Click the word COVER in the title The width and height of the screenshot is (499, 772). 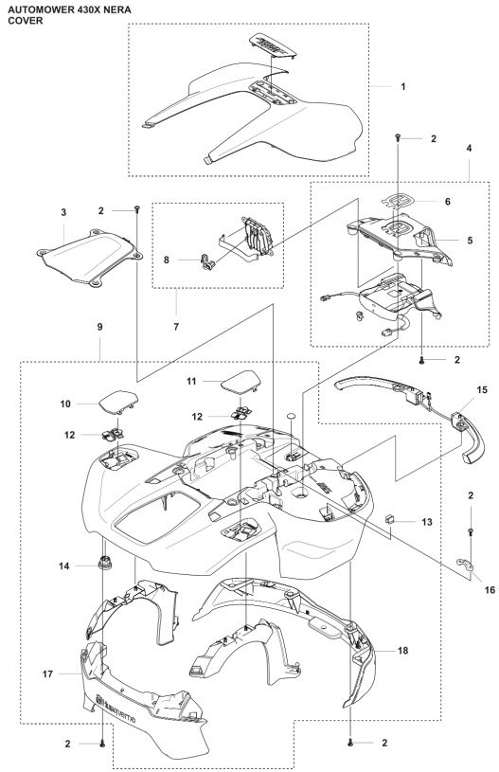26,21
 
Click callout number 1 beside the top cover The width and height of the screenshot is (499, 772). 403,86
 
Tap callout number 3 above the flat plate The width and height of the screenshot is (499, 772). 63,213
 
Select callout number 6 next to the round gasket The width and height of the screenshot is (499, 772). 447,202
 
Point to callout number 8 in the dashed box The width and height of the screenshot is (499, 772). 167,260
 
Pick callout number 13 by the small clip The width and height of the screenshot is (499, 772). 427,521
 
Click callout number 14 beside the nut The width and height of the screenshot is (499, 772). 64,566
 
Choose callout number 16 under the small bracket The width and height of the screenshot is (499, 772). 490,590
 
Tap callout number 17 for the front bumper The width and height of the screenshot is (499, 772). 47,674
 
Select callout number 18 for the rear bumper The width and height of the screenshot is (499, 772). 403,651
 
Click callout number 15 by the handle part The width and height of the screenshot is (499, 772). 482,390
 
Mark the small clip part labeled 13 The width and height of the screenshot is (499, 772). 389,518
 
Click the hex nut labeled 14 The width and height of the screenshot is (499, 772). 104,562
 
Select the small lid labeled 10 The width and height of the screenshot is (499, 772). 118,401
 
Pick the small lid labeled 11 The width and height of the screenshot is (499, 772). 239,382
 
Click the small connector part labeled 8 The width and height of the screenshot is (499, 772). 207,260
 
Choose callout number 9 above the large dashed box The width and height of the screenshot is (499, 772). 100,327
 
